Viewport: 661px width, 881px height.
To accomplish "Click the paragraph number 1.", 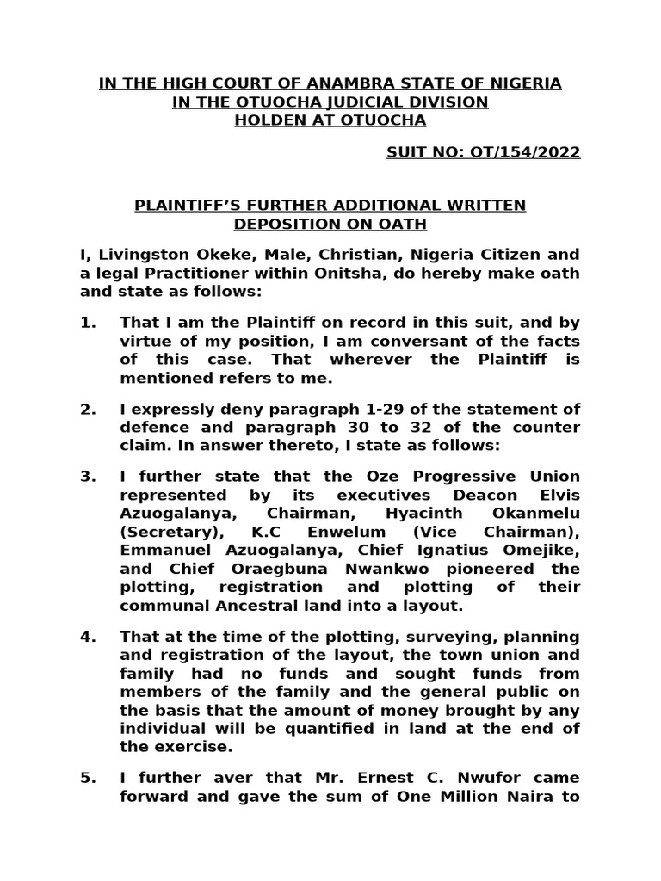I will point(88,322).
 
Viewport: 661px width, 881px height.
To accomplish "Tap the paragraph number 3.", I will point(88,477).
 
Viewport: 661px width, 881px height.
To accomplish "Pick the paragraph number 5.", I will point(88,778).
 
